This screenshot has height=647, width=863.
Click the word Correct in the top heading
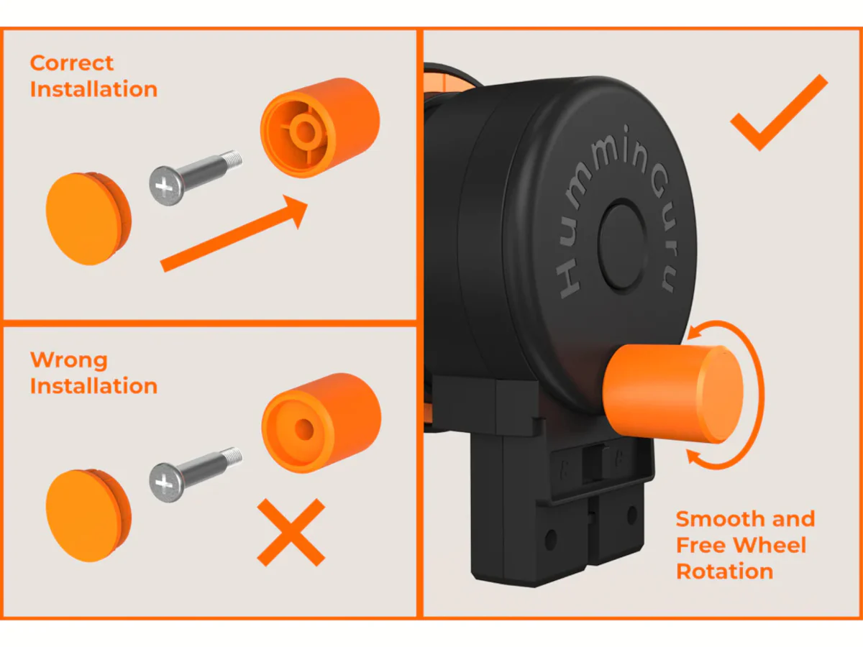coord(71,63)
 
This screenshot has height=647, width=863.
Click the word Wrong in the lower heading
coord(69,360)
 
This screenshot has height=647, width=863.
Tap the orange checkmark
coord(779,113)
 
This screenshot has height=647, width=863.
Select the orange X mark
coord(291,533)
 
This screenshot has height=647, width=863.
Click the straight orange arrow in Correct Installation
coord(234,233)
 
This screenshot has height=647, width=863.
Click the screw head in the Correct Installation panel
coord(166,185)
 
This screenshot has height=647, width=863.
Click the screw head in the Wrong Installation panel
coord(166,483)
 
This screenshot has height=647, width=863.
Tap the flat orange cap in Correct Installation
coord(88,219)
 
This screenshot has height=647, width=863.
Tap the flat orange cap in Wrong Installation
coord(88,515)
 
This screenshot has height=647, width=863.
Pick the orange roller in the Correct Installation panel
coord(320,128)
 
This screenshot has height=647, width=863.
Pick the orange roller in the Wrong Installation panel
coord(321,423)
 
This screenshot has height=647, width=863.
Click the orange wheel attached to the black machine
coord(672,394)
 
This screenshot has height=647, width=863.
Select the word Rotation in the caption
coord(725,572)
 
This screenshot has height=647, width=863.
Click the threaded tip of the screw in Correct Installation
coord(233,160)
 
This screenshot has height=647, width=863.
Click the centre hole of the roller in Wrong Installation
coord(304,429)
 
